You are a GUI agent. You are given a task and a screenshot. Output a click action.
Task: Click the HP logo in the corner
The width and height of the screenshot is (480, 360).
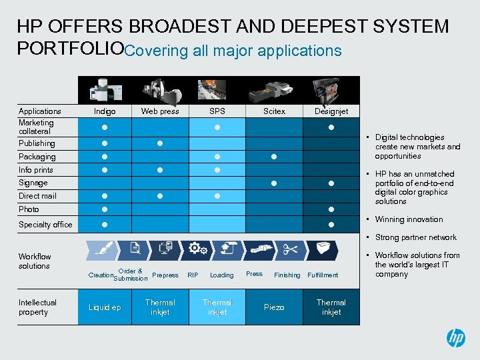coord(455,338)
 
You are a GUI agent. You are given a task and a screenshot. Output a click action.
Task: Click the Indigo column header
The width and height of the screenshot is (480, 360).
coord(105,111)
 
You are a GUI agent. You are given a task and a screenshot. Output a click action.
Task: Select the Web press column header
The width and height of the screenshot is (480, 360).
coord(160,111)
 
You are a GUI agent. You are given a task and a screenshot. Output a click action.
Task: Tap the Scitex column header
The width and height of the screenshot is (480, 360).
coord(274,111)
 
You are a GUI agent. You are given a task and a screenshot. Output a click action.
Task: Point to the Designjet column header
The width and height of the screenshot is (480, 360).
coord(331,111)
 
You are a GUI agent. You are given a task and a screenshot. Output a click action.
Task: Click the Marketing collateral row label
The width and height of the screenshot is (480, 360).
coord(37,127)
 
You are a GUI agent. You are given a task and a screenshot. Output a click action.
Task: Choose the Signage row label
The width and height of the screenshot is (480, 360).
coord(33,183)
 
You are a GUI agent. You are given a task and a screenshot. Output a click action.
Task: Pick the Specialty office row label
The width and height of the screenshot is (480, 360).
coord(45,225)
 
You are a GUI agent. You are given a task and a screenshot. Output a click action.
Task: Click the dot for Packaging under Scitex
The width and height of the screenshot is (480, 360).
coord(274,157)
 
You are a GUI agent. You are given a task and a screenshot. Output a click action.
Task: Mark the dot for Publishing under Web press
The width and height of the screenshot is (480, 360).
coord(160,143)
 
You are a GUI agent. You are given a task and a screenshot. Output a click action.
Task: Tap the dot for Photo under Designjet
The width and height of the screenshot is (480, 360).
coord(331,209)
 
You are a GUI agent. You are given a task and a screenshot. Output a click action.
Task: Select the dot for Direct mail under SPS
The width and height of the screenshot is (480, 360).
coord(217,196)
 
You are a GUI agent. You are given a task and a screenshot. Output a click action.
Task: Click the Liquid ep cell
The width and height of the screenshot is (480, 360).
coord(105,307)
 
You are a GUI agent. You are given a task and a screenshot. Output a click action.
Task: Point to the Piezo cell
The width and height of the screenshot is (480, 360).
coord(274,307)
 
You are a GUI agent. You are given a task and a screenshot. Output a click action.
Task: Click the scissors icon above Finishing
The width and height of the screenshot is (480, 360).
coord(291,249)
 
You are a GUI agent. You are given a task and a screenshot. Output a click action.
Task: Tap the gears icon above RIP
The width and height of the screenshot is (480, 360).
coord(197,249)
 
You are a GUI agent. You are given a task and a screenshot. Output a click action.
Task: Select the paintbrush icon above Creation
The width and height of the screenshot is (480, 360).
coord(103,249)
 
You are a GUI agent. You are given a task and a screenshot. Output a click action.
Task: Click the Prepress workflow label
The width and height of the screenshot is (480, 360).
coord(165,275)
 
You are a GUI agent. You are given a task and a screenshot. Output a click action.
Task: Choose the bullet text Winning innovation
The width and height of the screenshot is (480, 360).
coord(409,219)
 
